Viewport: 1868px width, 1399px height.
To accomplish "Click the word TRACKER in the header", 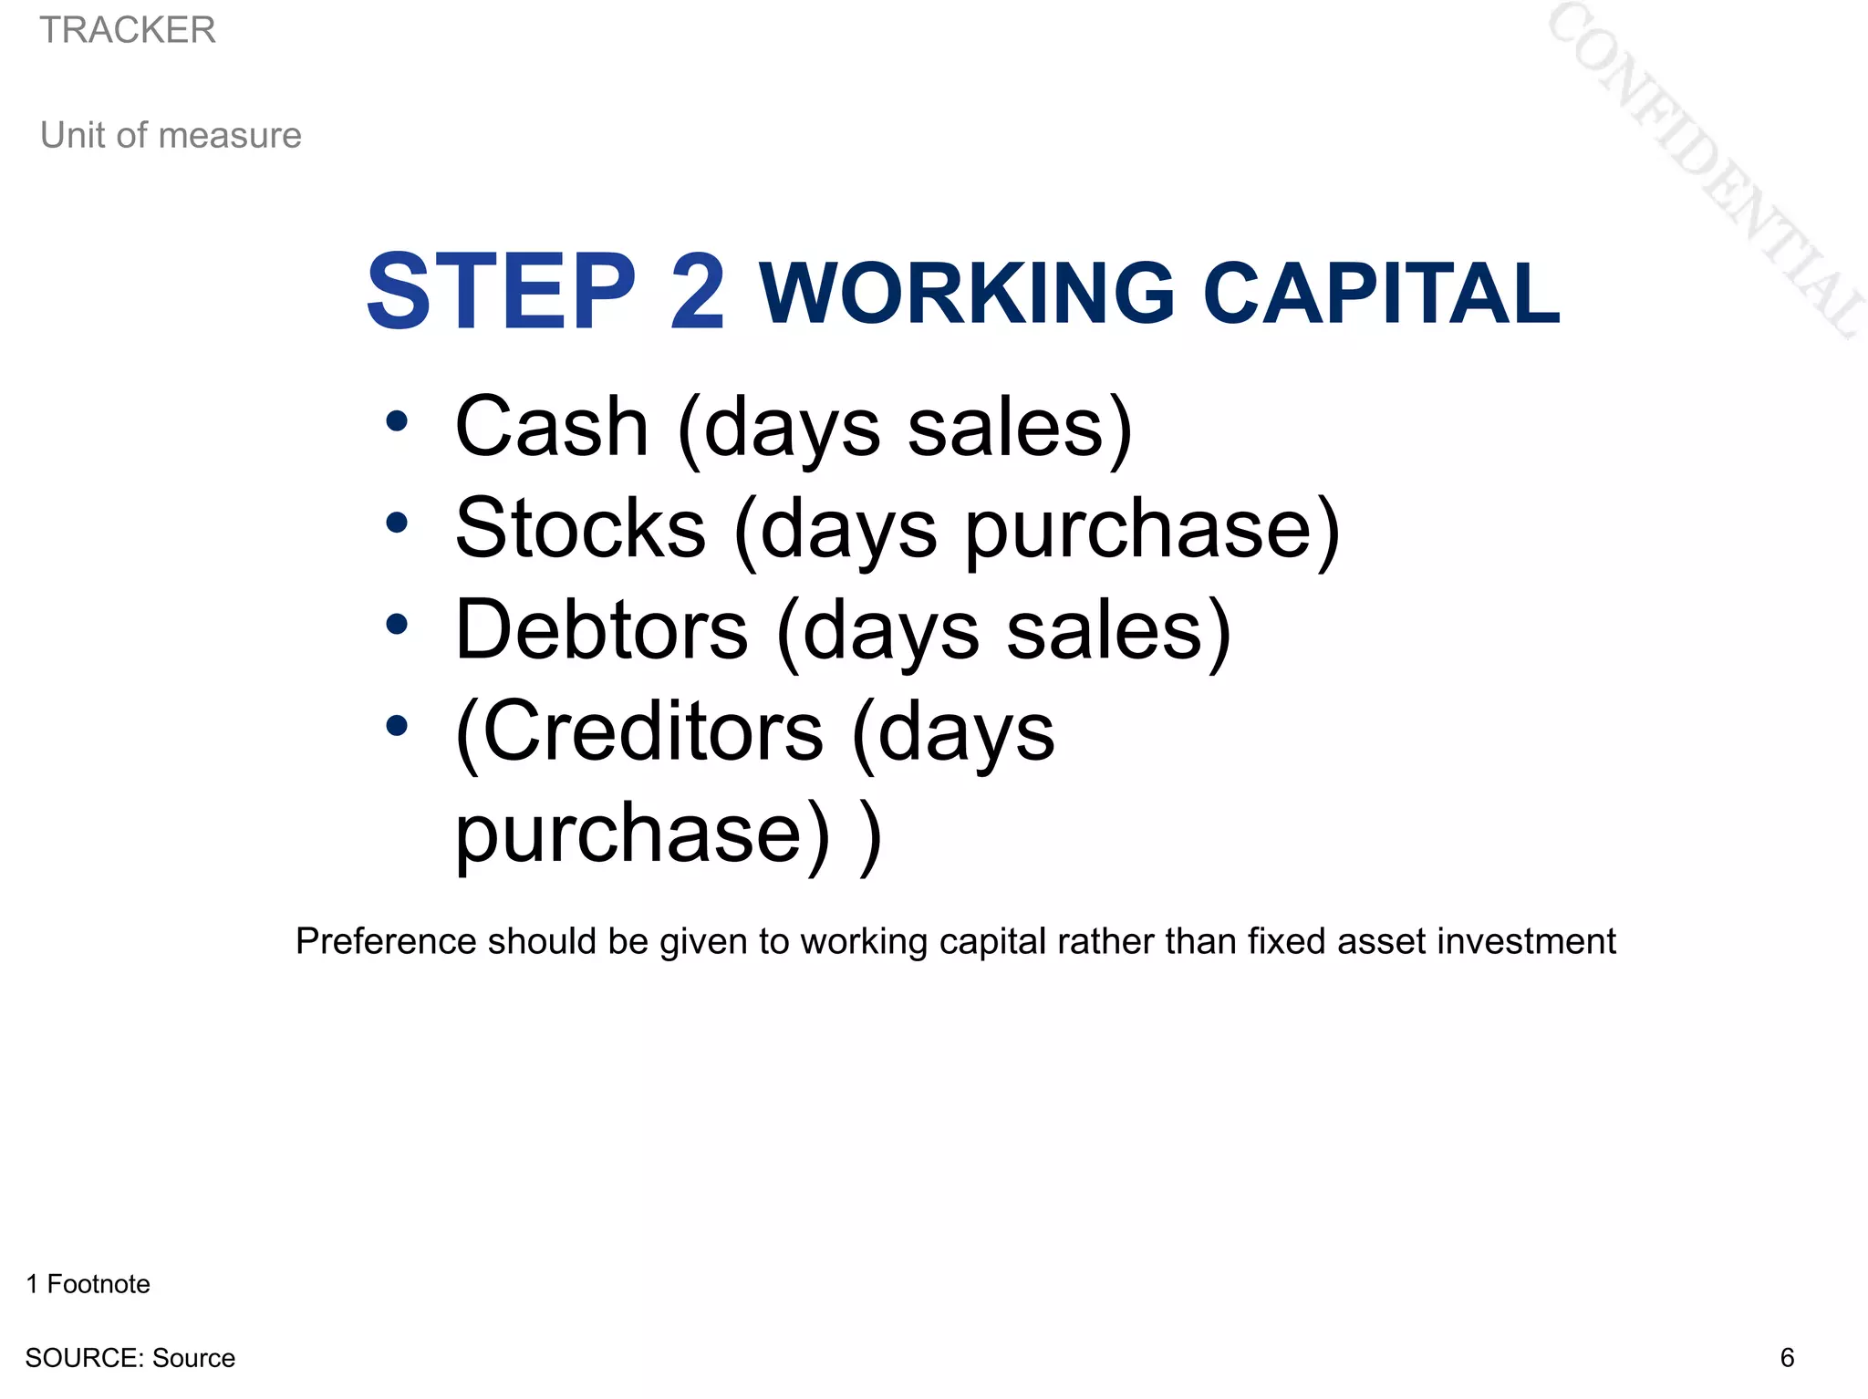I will pos(128,30).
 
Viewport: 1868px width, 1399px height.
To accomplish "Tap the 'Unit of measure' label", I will pos(171,135).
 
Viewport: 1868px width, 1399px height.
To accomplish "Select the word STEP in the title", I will pos(501,292).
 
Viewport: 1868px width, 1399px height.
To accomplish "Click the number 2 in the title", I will pos(697,292).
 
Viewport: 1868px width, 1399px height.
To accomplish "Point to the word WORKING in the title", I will pos(967,293).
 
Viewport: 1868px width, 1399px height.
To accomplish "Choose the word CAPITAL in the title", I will pos(1381,293).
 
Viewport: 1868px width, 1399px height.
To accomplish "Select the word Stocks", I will pos(580,528).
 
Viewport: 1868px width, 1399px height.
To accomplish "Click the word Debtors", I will pos(601,630).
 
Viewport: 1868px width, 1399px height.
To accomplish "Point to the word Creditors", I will pos(652,731).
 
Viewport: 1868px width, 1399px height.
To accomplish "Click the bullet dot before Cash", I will pos(396,421).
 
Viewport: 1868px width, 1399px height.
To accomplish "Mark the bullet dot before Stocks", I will pos(396,523).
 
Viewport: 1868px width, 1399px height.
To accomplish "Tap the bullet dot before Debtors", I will pos(396,625).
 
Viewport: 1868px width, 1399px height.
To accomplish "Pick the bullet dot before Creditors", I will pos(396,726).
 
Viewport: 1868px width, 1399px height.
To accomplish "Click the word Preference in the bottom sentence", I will pos(386,941).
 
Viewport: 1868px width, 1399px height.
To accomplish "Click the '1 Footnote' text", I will pos(88,1284).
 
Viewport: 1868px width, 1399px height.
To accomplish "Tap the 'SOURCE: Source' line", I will pos(130,1358).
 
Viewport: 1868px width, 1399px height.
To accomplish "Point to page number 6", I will pos(1787,1358).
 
